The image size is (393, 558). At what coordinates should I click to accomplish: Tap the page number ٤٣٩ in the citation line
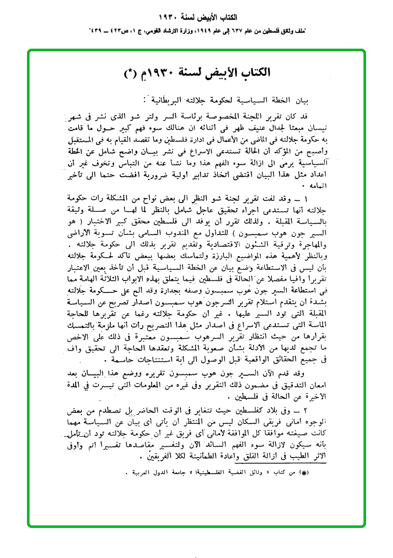98,31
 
